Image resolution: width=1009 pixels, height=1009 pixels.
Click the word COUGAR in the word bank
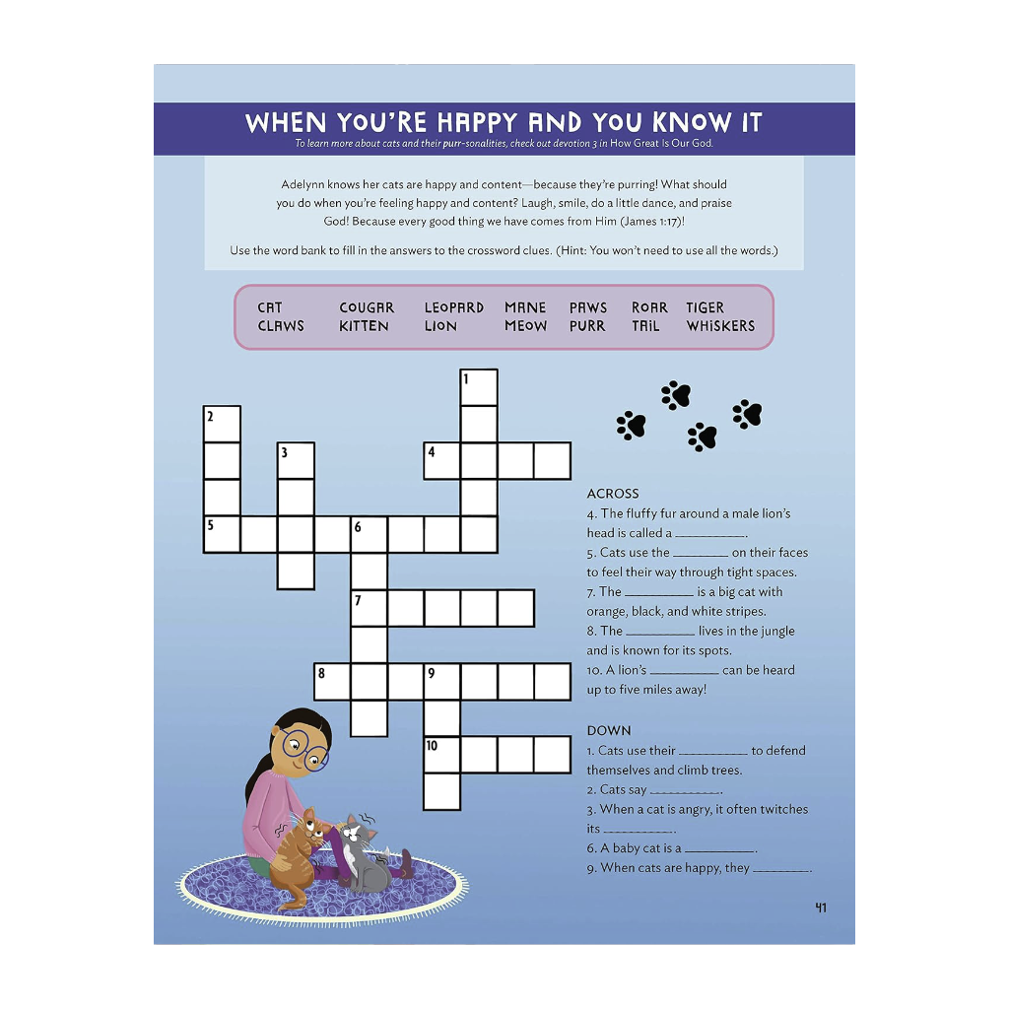click(367, 307)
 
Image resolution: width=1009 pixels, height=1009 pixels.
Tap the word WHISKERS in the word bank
click(720, 326)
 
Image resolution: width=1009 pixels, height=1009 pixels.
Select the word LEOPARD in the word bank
click(454, 307)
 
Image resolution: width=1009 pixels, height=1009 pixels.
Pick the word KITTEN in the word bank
click(364, 326)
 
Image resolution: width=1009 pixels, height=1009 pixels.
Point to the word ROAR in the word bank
click(649, 307)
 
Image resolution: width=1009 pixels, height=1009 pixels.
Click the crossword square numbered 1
click(479, 387)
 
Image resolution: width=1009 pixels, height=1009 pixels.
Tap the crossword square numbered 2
click(222, 425)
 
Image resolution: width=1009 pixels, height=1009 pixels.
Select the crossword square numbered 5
click(222, 534)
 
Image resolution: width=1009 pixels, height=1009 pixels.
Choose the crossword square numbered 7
click(370, 608)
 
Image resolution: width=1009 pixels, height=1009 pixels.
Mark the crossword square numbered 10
click(442, 755)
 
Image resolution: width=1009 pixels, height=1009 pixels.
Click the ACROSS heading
click(613, 494)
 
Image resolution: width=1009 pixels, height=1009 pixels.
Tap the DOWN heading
click(609, 730)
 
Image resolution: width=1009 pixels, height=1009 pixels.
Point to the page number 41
click(821, 908)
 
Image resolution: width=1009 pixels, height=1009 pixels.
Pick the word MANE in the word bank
click(525, 307)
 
